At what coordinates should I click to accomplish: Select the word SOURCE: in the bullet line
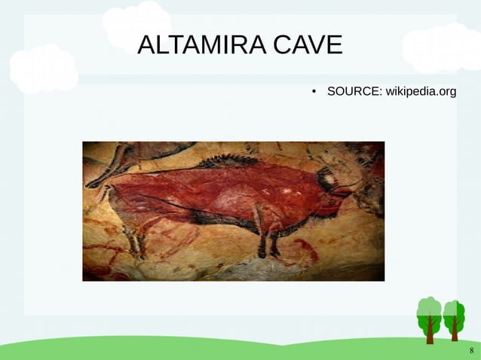(x=354, y=92)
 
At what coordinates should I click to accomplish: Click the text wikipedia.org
(x=421, y=92)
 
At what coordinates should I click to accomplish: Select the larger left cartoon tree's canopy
(x=429, y=310)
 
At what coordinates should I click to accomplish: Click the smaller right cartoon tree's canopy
(x=454, y=311)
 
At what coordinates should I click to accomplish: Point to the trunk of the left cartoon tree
(x=430, y=331)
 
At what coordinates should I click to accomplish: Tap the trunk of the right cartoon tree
(x=454, y=331)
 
